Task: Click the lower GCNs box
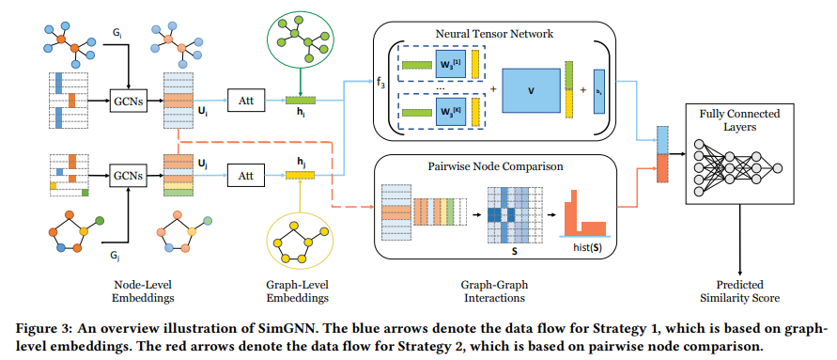pyautogui.click(x=128, y=175)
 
